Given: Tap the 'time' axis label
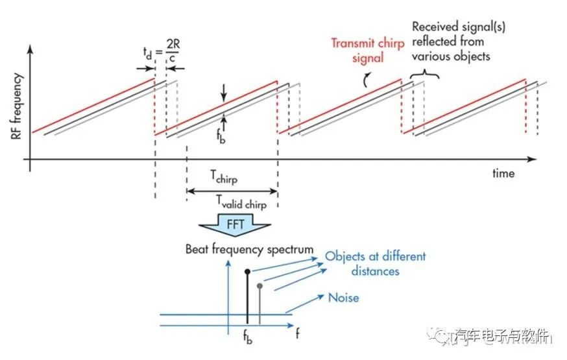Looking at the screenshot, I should pos(503,173).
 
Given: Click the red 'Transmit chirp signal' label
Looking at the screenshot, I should pos(367,51).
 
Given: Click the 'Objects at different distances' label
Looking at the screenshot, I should pos(376,263).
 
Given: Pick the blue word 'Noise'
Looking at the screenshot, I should pos(344,298).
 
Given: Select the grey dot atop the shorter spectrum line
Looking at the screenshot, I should pos(259,285).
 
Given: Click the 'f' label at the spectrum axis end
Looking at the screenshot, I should pos(297,334).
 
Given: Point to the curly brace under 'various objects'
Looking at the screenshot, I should pos(425,75).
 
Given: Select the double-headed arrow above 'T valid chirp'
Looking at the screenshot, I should pos(232,191).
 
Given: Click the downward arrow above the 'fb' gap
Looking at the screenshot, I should pos(224,95).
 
